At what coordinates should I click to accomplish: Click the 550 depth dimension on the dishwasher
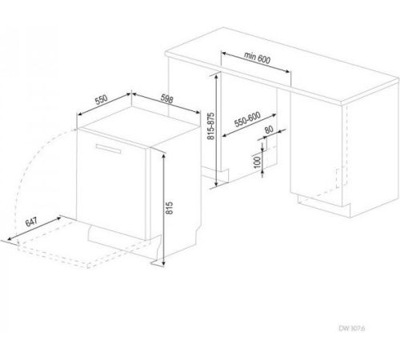pos(102,100)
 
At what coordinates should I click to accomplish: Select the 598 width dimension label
pos(167,99)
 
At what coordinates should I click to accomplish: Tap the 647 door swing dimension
pos(31,222)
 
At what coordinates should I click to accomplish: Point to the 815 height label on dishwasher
pos(170,208)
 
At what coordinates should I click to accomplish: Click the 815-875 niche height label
pos(210,126)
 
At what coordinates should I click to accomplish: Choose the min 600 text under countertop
pos(258,58)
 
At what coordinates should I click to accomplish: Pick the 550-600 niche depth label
pos(247,119)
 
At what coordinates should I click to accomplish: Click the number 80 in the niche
pos(269,130)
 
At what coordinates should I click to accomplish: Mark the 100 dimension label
pos(257,162)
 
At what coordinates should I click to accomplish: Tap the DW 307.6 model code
pos(352,328)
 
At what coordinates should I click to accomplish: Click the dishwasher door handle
pos(108,149)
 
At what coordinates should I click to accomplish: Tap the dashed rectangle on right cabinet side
pos(342,177)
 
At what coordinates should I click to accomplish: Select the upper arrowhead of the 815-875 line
pos(216,76)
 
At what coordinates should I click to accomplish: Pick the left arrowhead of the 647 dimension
pos(10,238)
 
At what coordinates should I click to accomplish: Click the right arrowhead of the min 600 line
pos(287,71)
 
